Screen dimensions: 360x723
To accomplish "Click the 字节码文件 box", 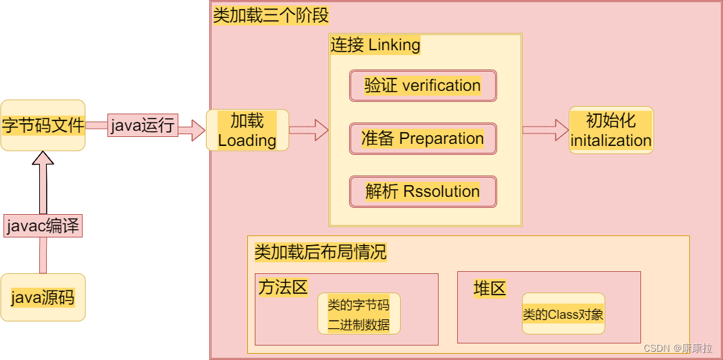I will click(43, 125).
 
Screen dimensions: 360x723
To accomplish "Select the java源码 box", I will click(43, 297).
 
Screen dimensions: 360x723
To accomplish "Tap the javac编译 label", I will click(43, 226).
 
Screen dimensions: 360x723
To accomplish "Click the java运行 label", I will click(143, 126).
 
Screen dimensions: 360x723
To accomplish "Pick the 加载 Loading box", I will click(247, 130).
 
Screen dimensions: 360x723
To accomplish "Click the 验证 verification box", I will click(423, 85).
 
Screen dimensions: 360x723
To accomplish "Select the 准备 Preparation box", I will click(423, 138).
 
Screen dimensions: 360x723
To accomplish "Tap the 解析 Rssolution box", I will click(423, 191).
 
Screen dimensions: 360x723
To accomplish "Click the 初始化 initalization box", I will click(611, 130).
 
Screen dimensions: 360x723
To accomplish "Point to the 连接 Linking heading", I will click(375, 45).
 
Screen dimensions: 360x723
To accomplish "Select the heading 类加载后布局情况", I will click(320, 252).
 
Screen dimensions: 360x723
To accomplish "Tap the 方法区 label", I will click(283, 286).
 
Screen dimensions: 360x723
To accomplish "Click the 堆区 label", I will click(490, 288).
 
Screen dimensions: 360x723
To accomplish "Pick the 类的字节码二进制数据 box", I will click(359, 314).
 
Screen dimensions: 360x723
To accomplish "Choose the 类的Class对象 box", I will click(563, 314).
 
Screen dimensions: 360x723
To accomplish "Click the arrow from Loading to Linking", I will click(308, 129).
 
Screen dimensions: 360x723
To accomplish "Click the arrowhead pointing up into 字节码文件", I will click(43, 160).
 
